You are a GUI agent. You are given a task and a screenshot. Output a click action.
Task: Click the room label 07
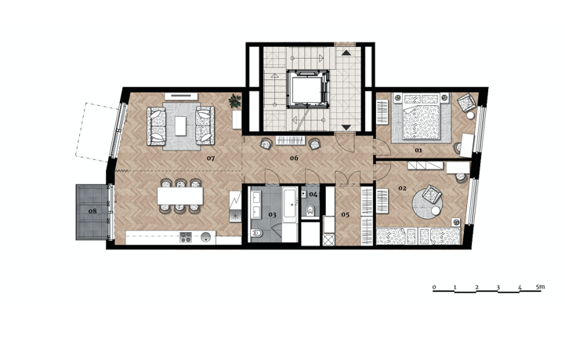tap(211, 158)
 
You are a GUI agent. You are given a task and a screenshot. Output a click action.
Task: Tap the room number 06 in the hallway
tap(294, 158)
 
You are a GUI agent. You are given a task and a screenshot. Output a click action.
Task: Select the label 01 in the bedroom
tap(418, 150)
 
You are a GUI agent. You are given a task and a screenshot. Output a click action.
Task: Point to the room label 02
tap(403, 188)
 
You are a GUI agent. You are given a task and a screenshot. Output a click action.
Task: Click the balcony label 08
tap(92, 211)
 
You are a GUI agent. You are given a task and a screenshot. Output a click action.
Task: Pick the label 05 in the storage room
tap(346, 215)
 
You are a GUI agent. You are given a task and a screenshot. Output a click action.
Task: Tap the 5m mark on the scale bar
tap(540, 287)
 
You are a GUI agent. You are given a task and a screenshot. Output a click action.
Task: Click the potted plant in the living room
tap(234, 100)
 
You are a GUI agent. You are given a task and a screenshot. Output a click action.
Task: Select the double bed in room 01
tap(422, 117)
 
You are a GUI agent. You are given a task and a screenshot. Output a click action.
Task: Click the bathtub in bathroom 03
tap(291, 205)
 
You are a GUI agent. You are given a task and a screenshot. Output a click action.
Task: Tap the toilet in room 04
tap(310, 210)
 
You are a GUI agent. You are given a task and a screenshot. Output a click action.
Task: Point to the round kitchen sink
tap(206, 238)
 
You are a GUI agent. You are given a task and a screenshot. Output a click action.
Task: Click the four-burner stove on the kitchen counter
tap(186, 237)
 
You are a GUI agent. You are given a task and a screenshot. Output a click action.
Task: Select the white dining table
tap(180, 196)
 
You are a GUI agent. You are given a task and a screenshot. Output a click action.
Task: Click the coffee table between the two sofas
tap(181, 125)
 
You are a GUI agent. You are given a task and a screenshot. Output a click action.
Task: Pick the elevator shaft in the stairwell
tap(308, 89)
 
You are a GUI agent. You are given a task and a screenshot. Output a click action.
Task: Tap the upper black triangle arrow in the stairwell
tap(346, 53)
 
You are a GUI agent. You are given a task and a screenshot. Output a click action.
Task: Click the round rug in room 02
tap(427, 202)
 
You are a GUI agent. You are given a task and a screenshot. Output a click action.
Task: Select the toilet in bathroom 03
tap(257, 233)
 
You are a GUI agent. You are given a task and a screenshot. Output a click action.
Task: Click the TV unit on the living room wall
tap(181, 96)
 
